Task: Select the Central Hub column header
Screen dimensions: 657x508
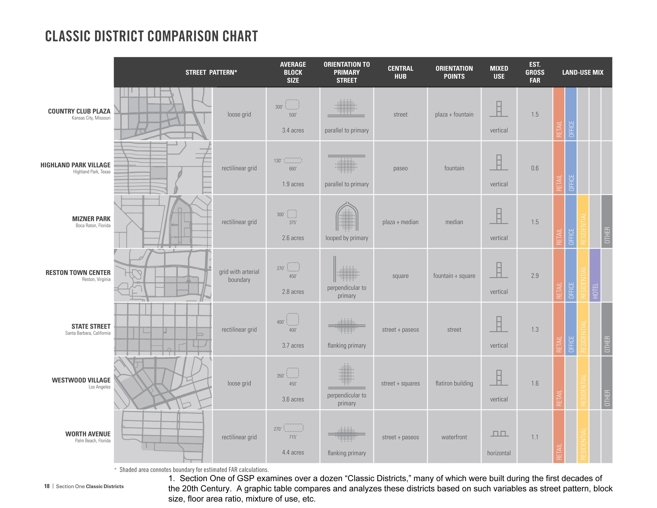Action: pos(400,72)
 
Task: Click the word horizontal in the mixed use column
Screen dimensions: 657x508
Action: pos(499,453)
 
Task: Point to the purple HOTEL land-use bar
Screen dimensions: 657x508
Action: pos(595,275)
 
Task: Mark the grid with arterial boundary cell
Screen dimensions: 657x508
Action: pos(239,276)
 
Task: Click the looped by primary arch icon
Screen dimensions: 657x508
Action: pos(347,216)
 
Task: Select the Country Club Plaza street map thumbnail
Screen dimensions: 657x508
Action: pos(163,114)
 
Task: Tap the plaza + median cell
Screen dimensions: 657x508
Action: pos(400,222)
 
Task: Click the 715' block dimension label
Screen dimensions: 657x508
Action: pos(293,437)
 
